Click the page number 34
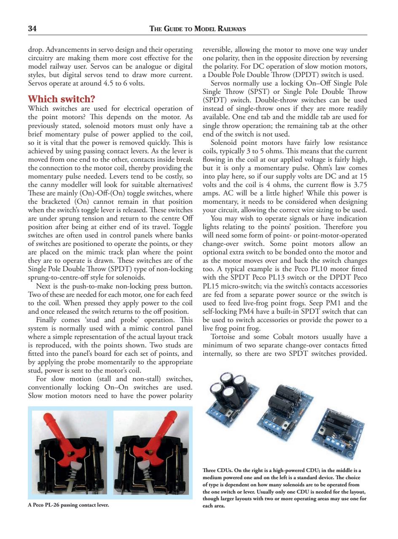(x=32, y=29)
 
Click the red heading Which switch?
(x=61, y=99)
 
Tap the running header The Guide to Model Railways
(x=198, y=29)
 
